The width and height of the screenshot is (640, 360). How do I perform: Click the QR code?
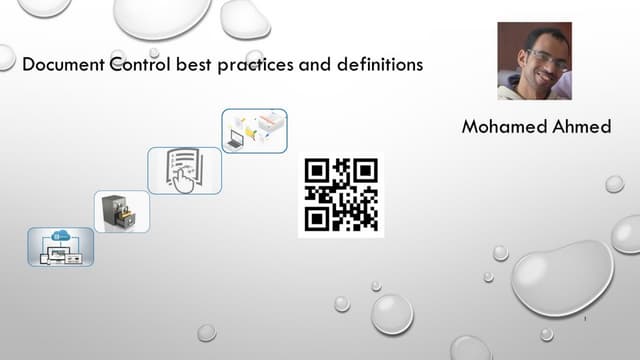(341, 195)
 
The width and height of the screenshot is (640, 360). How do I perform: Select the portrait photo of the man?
(534, 60)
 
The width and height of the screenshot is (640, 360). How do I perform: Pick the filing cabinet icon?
(122, 211)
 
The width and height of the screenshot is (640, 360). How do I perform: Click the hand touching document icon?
(185, 170)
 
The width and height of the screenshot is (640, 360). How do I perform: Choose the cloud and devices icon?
(60, 246)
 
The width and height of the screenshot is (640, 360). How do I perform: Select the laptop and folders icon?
(254, 131)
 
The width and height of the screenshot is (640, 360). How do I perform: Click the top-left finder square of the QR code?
(317, 171)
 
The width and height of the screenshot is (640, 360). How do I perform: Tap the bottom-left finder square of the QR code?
(317, 219)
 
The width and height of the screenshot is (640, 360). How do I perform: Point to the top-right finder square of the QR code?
(365, 171)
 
